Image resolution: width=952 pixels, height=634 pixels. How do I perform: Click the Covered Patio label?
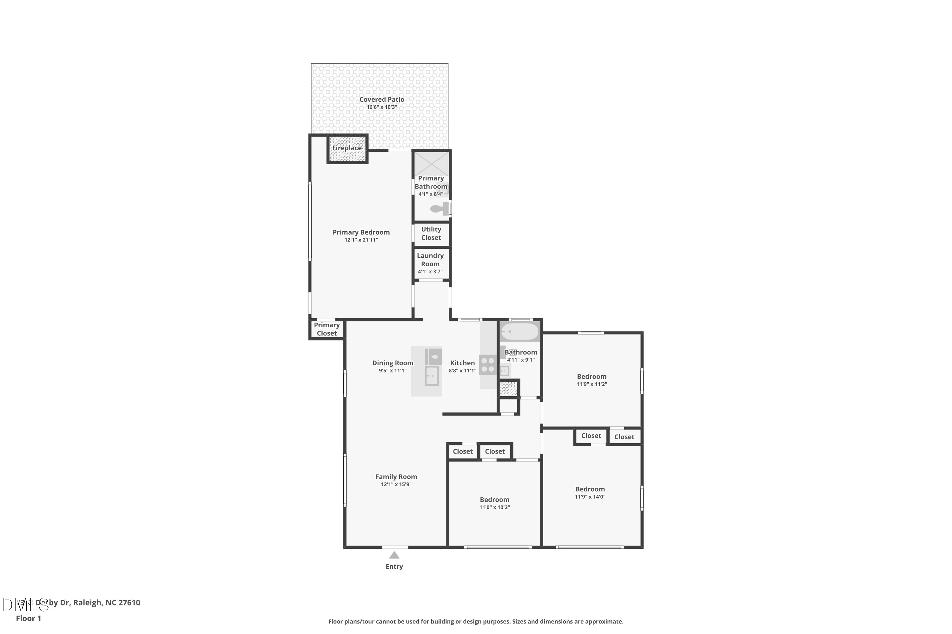[x=381, y=100]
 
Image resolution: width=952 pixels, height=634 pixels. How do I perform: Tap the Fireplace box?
[x=347, y=148]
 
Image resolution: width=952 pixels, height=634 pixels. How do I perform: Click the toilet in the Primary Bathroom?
[x=437, y=209]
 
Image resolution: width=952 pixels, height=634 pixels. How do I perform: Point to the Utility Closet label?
[x=431, y=234]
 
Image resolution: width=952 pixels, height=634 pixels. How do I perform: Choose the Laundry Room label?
[x=430, y=260]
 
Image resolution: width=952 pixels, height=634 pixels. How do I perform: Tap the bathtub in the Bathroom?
[x=520, y=332]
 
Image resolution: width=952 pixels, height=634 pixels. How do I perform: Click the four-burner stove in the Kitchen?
[x=488, y=365]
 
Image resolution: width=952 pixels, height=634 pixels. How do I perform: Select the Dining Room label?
[x=393, y=363]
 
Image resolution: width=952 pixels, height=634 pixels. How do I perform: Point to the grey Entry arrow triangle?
[x=394, y=556]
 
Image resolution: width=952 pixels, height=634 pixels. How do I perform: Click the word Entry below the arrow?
[x=394, y=567]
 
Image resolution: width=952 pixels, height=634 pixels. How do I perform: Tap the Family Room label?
[x=396, y=477]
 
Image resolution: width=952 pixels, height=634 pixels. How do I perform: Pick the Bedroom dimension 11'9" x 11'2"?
[x=592, y=385]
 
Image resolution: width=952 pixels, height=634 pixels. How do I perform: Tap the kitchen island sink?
[x=432, y=376]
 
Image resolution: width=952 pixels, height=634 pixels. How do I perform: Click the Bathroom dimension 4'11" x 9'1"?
[x=520, y=360]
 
